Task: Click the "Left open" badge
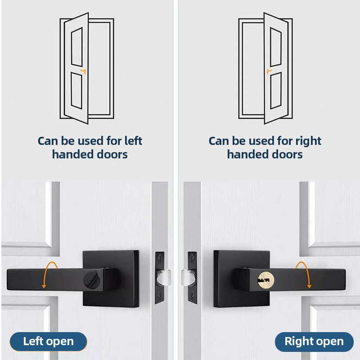(x=48, y=342)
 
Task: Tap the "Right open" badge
(x=314, y=342)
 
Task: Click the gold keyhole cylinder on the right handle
(x=266, y=280)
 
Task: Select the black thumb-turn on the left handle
(x=92, y=280)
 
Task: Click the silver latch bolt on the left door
(x=164, y=278)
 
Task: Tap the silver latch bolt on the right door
(x=188, y=278)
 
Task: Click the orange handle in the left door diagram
(x=83, y=71)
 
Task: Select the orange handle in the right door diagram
(x=269, y=71)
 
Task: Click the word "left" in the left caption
(x=133, y=141)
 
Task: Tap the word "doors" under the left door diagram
(x=112, y=154)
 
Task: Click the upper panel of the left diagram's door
(x=76, y=47)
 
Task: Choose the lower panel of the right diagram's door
(x=276, y=90)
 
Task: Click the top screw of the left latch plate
(x=160, y=256)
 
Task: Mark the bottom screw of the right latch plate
(x=192, y=295)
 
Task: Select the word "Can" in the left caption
(x=48, y=141)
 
